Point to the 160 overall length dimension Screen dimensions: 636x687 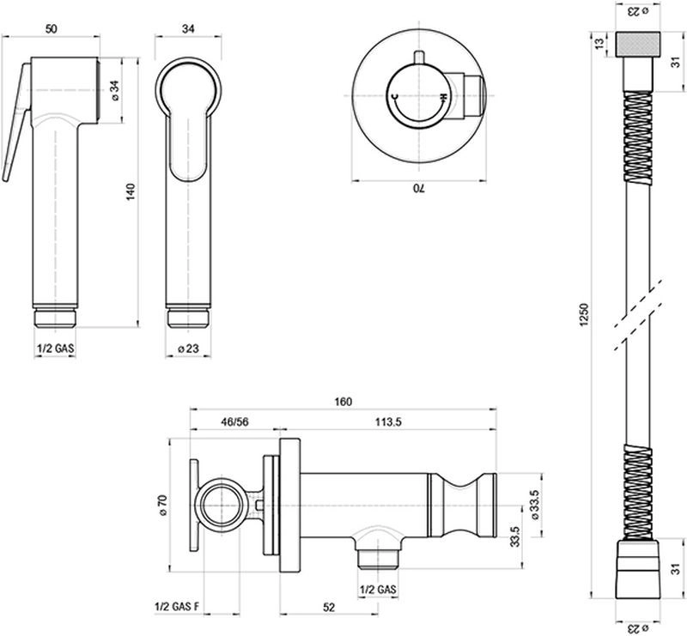pyautogui.click(x=345, y=402)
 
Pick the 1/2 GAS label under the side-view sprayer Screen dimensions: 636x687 pyautogui.click(x=55, y=349)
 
